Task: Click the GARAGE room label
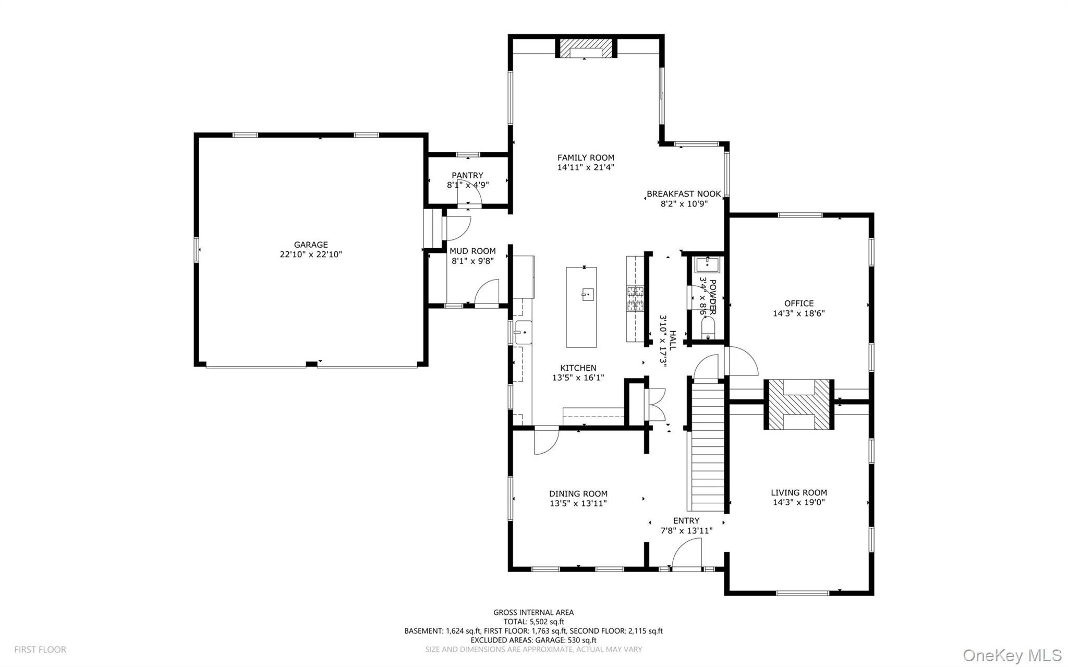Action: [x=311, y=245]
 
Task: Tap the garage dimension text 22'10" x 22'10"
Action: [x=311, y=254]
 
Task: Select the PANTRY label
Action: [x=467, y=175]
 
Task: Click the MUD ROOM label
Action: [x=472, y=251]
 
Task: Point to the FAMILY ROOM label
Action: [x=586, y=157]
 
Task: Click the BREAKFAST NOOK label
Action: [x=684, y=194]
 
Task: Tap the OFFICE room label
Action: [x=799, y=304]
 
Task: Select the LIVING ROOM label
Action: [x=799, y=492]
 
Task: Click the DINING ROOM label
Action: [x=578, y=494]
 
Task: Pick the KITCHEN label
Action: [x=578, y=368]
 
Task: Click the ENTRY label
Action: [x=686, y=520]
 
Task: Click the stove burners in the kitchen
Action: [x=635, y=299]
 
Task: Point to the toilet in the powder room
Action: [x=708, y=329]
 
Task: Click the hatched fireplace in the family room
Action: [x=586, y=48]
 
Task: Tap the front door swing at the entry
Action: [x=686, y=554]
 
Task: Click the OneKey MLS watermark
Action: [x=1012, y=655]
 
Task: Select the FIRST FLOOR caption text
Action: [x=40, y=650]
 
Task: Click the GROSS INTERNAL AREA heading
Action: [x=533, y=613]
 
